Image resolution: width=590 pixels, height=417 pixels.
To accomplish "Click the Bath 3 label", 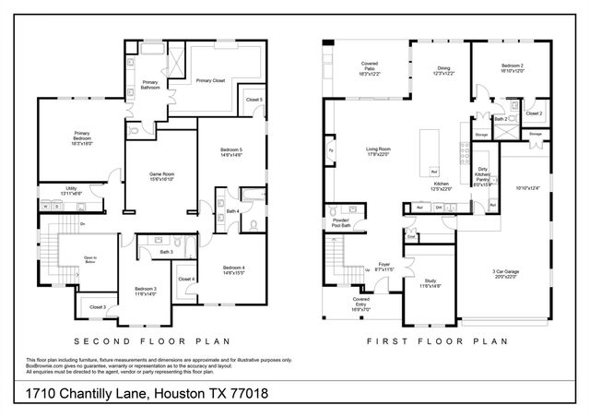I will point(167,252).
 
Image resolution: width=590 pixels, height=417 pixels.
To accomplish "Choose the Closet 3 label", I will point(98,306).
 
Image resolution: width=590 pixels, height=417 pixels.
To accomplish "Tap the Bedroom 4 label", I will point(231,268).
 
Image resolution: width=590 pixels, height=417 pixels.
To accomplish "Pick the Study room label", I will point(431,282).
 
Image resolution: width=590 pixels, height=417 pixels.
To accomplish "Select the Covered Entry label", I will point(361,304).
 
